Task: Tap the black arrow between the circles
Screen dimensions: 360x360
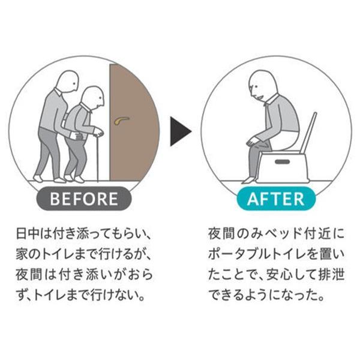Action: point(180,131)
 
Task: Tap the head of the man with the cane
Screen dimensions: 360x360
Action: point(92,97)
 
